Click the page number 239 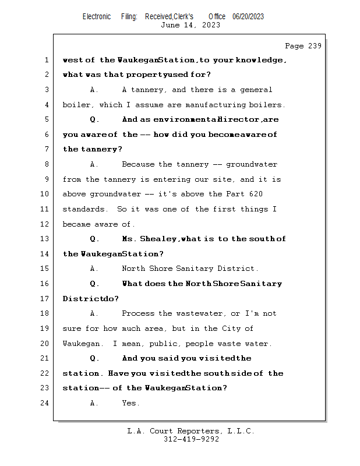(x=314, y=46)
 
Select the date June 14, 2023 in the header (x=190, y=25)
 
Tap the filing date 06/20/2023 (x=248, y=16)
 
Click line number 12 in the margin (x=47, y=224)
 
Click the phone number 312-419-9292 (x=191, y=440)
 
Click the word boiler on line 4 (x=75, y=105)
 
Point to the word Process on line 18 (x=139, y=313)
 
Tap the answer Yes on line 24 (x=130, y=403)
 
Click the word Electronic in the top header (x=97, y=16)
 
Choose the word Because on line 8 (x=139, y=164)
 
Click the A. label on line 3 (x=94, y=90)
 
